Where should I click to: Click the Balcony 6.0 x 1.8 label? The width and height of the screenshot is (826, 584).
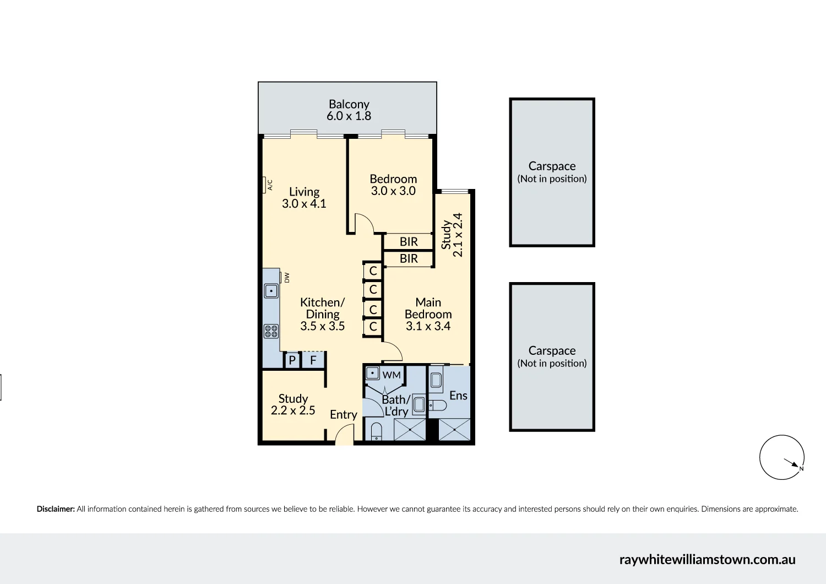tap(349, 110)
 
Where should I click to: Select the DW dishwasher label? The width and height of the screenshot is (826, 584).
tap(287, 278)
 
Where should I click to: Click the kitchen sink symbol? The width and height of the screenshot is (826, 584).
tap(271, 290)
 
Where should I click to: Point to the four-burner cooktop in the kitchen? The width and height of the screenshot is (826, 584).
tap(271, 331)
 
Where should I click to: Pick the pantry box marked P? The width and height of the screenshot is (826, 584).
tap(292, 360)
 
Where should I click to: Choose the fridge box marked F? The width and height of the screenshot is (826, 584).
tap(313, 360)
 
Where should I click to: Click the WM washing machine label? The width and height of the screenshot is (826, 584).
tap(392, 375)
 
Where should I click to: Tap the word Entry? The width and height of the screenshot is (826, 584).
tap(343, 415)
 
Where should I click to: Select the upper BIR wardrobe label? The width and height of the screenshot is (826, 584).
tap(409, 242)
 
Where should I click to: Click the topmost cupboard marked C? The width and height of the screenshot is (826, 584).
tap(373, 271)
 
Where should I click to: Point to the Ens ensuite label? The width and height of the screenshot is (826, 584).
tap(458, 396)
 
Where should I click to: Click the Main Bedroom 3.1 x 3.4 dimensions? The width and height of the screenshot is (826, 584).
tap(428, 326)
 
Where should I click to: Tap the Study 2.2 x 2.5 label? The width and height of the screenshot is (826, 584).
tap(293, 404)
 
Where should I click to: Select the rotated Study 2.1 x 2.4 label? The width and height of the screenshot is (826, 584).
tap(452, 235)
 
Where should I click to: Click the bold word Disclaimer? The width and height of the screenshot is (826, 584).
tap(56, 509)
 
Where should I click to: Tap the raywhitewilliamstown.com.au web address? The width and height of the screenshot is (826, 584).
tap(707, 560)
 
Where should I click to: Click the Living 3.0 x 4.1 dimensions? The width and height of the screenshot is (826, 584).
tap(304, 204)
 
